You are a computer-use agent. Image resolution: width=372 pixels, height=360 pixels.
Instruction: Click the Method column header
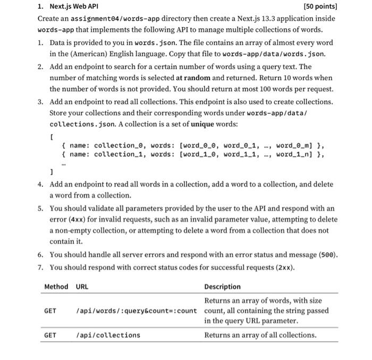[56, 287]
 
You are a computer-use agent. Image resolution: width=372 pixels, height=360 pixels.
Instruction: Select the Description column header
[222, 287]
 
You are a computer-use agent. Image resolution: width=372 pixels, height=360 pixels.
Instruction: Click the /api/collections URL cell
[108, 335]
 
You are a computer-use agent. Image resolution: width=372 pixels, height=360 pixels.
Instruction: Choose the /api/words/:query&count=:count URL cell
[137, 311]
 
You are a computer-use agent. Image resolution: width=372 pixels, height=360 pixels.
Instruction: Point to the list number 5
[40, 208]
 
